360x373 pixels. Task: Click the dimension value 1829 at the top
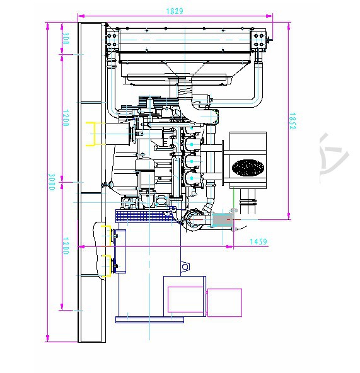pos(175,11)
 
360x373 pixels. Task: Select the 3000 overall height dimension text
pos(52,182)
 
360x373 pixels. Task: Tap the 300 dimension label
pos(65,38)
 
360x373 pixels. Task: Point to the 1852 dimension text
pos(293,121)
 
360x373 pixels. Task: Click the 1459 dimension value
pos(258,242)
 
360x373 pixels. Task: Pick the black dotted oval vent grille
pos(248,168)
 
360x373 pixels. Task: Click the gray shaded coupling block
pos(222,219)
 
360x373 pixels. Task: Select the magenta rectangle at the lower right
pos(224,302)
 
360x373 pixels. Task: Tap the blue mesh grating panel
pos(144,215)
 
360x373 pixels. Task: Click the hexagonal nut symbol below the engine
pos(185,267)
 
